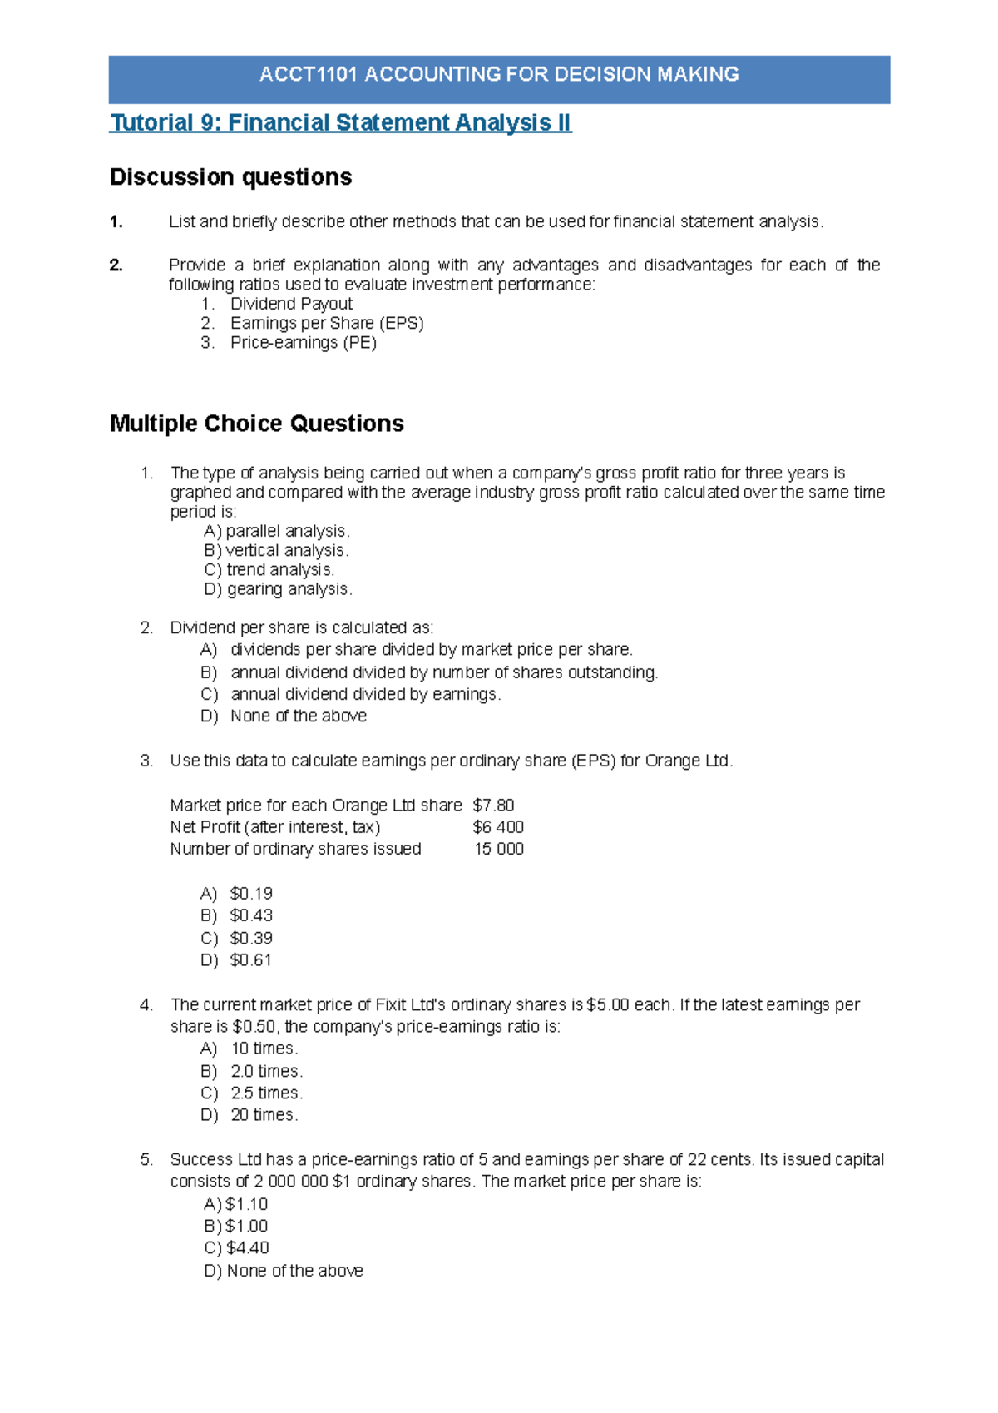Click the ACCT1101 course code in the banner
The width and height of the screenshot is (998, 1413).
coord(309,74)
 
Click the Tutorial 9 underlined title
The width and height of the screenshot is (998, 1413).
coord(340,123)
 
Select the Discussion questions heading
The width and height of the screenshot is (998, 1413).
coord(230,177)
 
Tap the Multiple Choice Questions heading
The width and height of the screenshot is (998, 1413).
coord(256,424)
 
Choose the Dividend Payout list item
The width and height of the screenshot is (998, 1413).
coord(291,304)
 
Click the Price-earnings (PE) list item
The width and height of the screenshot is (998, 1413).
coord(303,343)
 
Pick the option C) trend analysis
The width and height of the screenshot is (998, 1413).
coord(269,570)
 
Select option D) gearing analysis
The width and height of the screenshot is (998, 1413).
coord(278,589)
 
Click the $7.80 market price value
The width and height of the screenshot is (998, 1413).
coord(493,806)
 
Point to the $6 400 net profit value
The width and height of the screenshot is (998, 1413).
coord(498,827)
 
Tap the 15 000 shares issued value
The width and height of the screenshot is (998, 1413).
coord(499,849)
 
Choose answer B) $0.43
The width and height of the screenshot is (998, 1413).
coord(237,915)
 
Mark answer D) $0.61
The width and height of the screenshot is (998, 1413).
coord(237,960)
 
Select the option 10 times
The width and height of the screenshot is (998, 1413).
coord(264,1049)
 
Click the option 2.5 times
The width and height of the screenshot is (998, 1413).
coord(266,1093)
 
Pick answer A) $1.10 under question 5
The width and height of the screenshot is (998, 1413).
coord(236,1204)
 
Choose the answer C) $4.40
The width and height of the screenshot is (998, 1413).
coord(237,1248)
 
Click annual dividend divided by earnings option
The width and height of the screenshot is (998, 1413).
coord(365,694)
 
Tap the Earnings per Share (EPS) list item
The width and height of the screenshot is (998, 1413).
coord(327,323)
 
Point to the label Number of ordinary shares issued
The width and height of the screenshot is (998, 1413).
coord(295,849)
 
